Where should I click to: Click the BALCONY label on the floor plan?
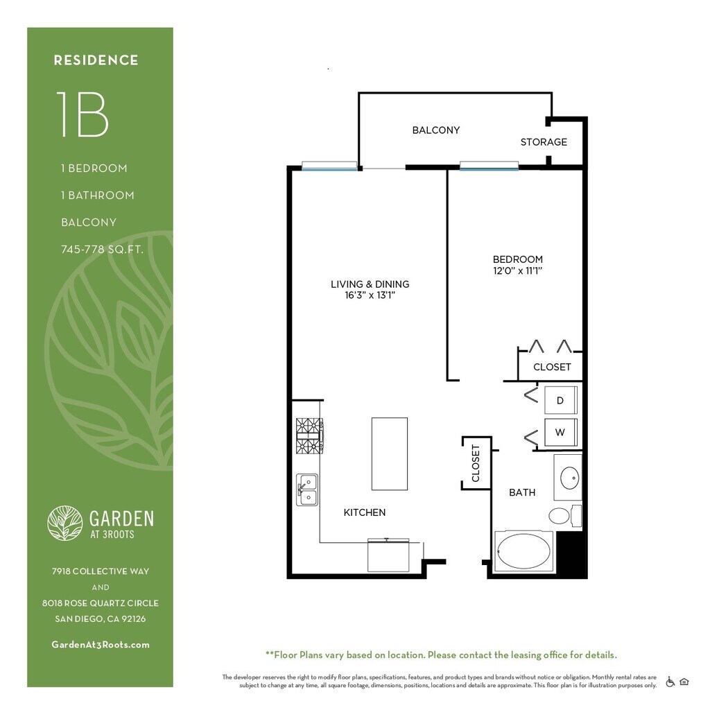click(x=435, y=130)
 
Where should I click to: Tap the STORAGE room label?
click(x=544, y=142)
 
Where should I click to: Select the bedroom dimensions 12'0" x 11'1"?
click(x=517, y=271)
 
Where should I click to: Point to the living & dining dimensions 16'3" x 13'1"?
click(x=370, y=295)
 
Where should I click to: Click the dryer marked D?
click(x=560, y=400)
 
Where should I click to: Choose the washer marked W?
click(x=560, y=432)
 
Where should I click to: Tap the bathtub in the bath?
click(x=524, y=551)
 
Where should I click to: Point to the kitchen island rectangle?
click(x=390, y=453)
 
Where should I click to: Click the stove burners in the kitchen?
click(x=309, y=435)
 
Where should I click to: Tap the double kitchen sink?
click(x=307, y=490)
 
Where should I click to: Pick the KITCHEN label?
click(x=365, y=512)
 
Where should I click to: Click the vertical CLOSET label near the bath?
click(x=476, y=463)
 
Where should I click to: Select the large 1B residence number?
click(x=82, y=114)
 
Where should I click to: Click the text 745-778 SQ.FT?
click(x=103, y=250)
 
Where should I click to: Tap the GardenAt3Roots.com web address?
click(x=101, y=645)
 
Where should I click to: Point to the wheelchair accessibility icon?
click(x=670, y=682)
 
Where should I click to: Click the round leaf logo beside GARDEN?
click(x=65, y=523)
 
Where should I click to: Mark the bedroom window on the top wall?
click(x=489, y=166)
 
